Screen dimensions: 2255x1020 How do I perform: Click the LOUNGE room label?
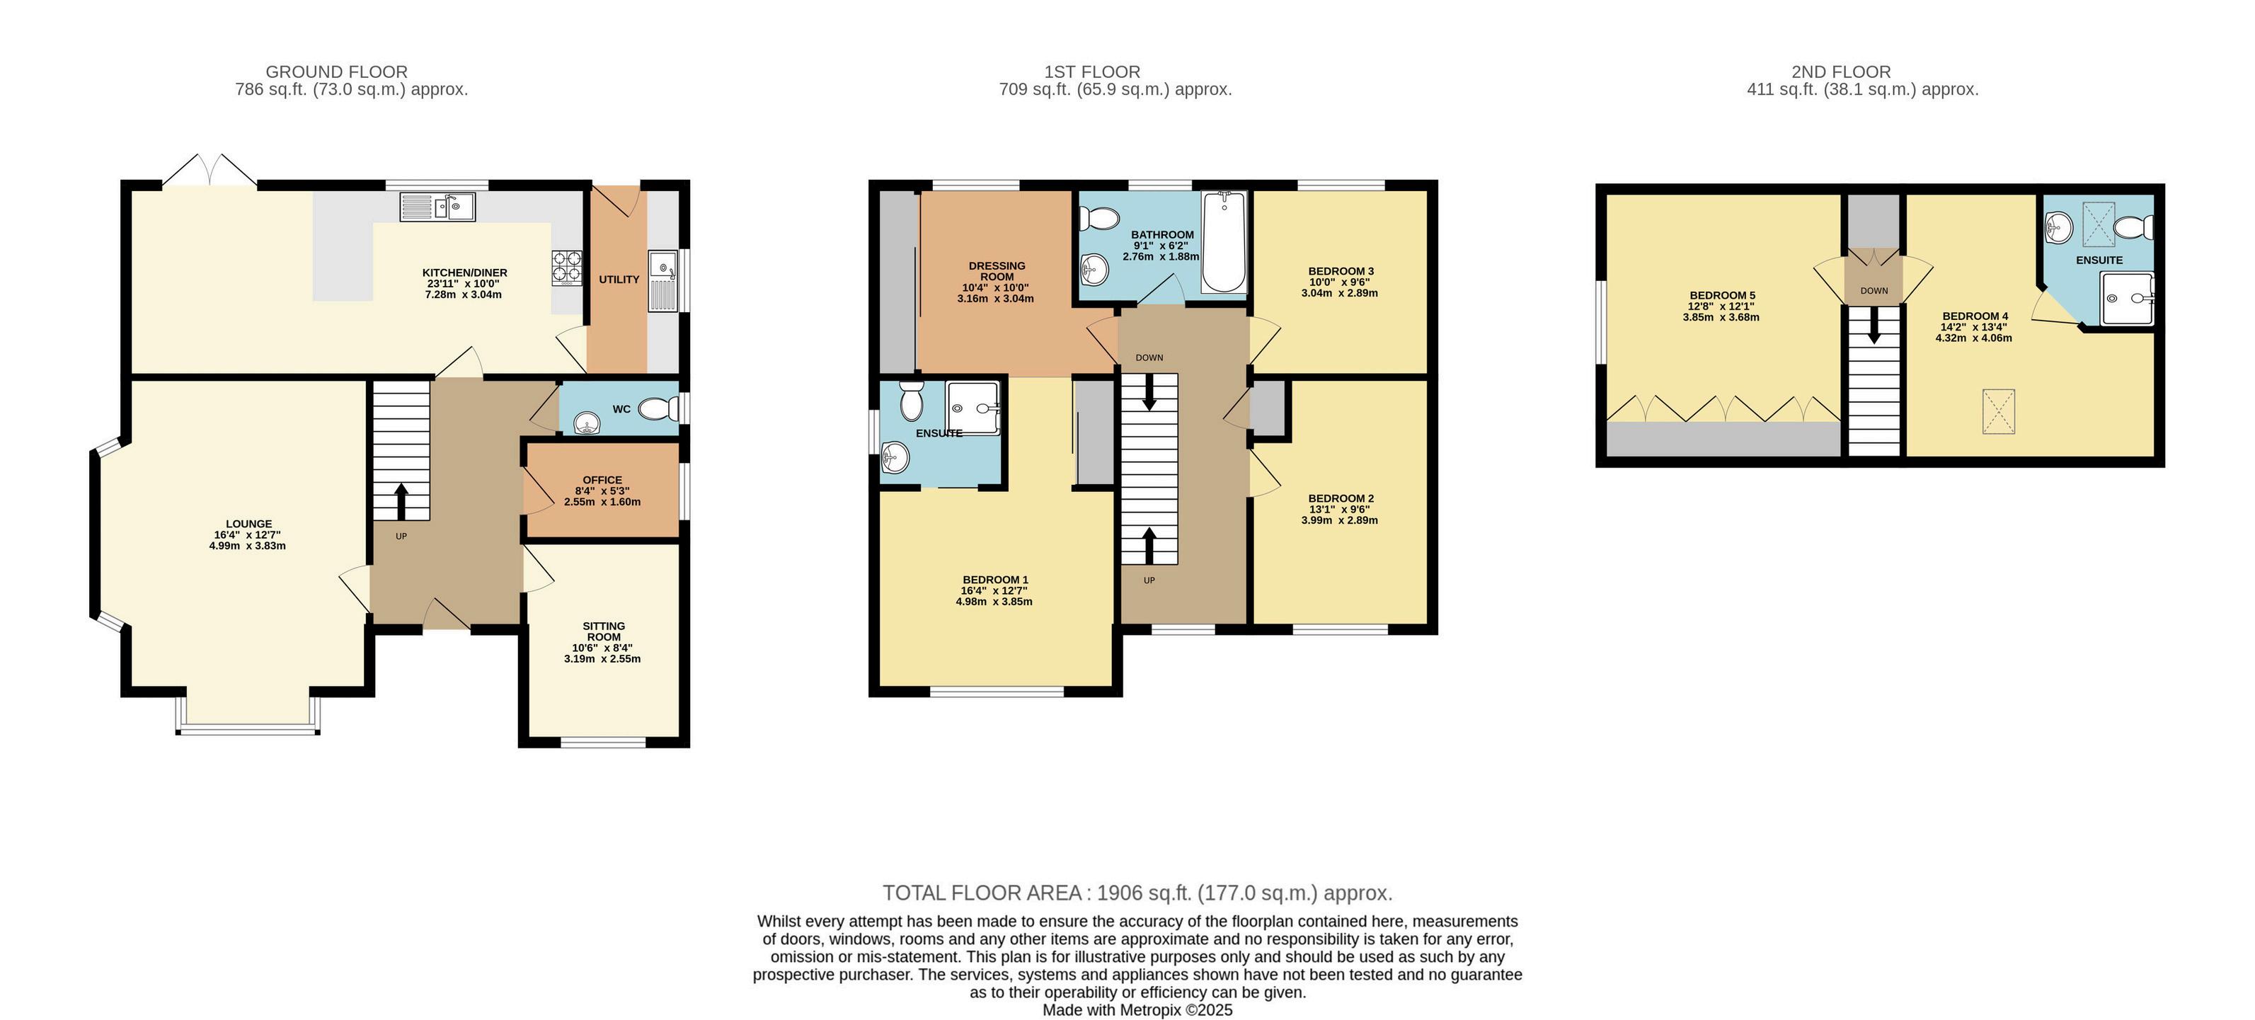(248, 524)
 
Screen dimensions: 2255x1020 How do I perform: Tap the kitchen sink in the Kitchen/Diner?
(437, 207)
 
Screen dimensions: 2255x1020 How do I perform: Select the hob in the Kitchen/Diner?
(566, 268)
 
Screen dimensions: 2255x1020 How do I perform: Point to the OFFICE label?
(602, 480)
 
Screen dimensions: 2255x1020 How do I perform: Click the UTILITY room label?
(619, 280)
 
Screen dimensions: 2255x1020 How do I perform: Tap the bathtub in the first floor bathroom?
(1224, 243)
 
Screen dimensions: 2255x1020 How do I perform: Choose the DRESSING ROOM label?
(997, 270)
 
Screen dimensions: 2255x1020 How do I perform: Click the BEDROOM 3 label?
(1341, 270)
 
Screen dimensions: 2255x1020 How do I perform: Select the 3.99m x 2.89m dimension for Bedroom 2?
(1339, 520)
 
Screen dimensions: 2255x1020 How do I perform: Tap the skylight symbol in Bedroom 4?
(1999, 411)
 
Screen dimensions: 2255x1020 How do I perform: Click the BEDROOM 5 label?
(1722, 295)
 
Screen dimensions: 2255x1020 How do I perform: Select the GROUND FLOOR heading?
(337, 71)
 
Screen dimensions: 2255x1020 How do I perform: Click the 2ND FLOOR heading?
(1841, 71)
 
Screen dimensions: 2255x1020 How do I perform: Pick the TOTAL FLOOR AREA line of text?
(1137, 893)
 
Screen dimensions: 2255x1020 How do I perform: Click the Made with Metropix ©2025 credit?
(1137, 1009)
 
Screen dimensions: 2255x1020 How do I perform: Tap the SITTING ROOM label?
(604, 631)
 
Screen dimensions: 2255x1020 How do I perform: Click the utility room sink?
(662, 281)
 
